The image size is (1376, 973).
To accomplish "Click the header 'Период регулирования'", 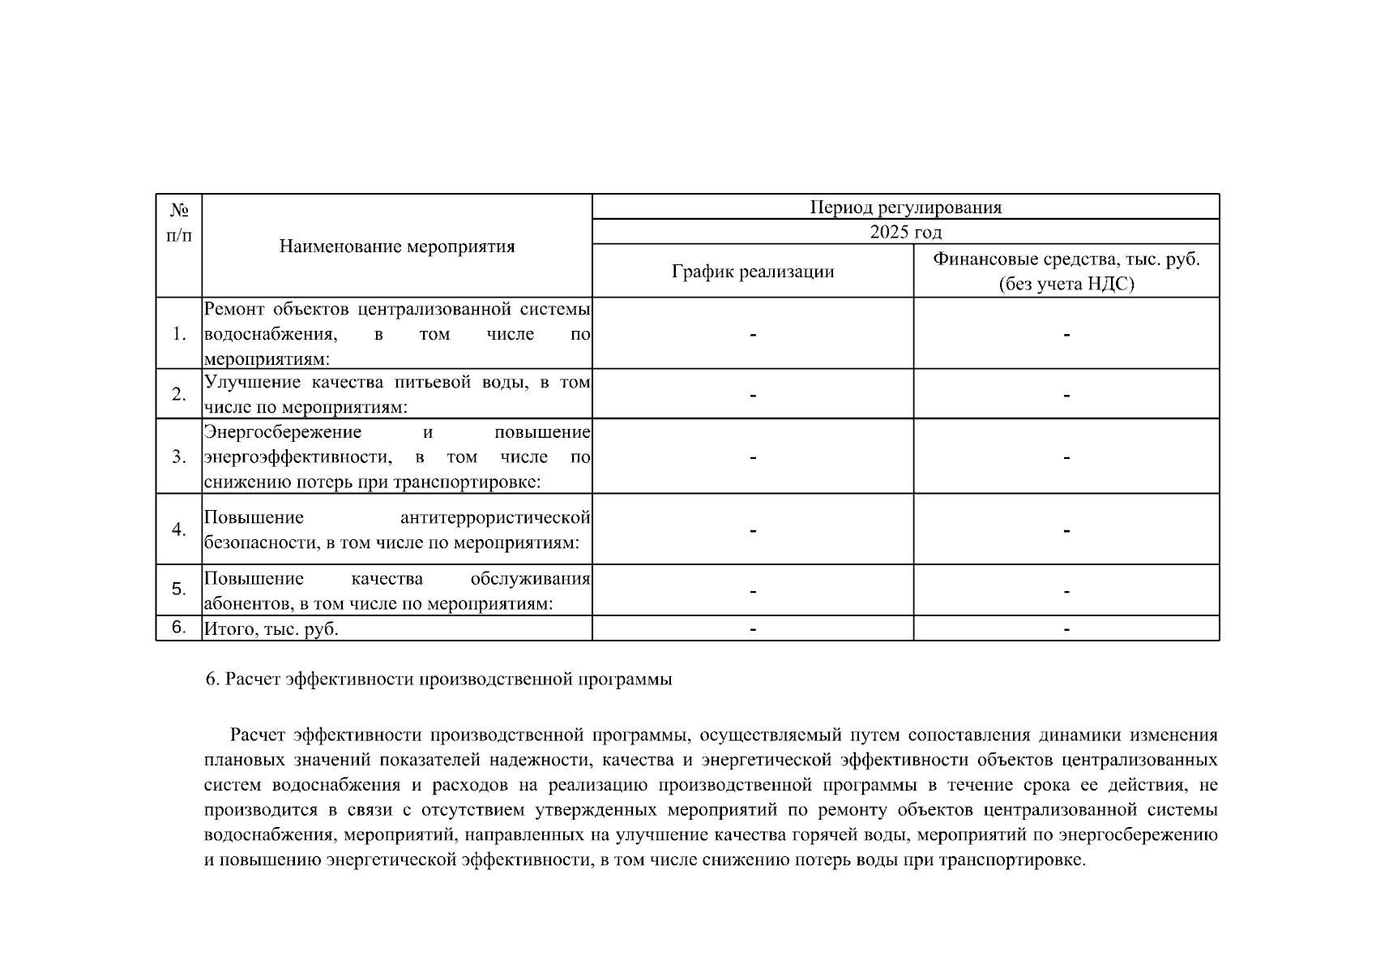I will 905,208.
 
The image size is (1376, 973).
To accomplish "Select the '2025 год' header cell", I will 905,233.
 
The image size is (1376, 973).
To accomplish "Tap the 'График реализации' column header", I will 753,272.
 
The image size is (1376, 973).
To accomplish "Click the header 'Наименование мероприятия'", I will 397,246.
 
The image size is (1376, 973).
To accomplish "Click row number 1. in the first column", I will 179,334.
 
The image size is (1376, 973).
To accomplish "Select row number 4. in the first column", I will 179,529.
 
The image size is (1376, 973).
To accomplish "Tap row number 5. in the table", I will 179,589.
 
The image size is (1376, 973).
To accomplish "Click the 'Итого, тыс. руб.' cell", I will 271,629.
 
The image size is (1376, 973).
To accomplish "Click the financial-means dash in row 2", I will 1066,396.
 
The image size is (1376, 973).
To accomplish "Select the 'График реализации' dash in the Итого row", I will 753,629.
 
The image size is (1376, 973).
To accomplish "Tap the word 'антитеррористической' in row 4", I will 495,517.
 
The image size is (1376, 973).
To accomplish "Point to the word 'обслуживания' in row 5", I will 530,579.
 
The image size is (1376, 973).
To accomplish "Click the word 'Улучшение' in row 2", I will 244,383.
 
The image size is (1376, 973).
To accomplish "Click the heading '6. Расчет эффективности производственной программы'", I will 438,679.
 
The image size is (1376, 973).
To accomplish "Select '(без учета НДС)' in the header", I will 1066,285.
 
